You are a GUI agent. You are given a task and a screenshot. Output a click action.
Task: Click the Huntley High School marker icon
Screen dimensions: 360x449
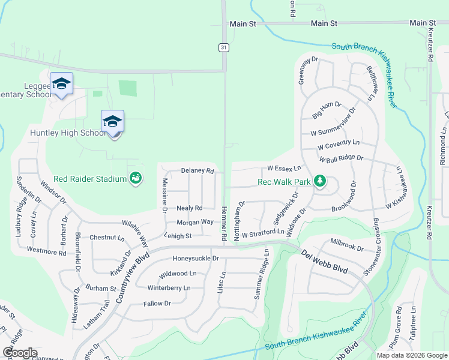[x=112, y=122]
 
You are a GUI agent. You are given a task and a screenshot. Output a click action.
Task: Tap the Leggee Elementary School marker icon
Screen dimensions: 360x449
[x=61, y=84]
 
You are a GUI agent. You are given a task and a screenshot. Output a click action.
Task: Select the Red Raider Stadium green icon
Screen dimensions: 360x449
[x=136, y=178]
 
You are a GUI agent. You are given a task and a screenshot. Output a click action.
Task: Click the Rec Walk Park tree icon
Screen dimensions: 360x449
[x=320, y=181]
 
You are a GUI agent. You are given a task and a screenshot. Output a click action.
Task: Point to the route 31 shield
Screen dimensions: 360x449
[x=223, y=47]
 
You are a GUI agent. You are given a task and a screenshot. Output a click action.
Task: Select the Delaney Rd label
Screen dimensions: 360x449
[x=197, y=171]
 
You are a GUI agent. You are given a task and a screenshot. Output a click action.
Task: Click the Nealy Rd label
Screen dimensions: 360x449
[x=190, y=208]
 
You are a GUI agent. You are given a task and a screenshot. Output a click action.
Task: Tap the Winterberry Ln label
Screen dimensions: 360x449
[x=169, y=288]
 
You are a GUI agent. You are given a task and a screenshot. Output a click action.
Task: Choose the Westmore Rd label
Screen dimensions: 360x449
[x=46, y=252]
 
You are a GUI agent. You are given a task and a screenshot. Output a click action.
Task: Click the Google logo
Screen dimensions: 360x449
[x=20, y=353]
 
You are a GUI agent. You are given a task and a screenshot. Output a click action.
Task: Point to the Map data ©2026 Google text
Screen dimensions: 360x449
[x=411, y=355]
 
